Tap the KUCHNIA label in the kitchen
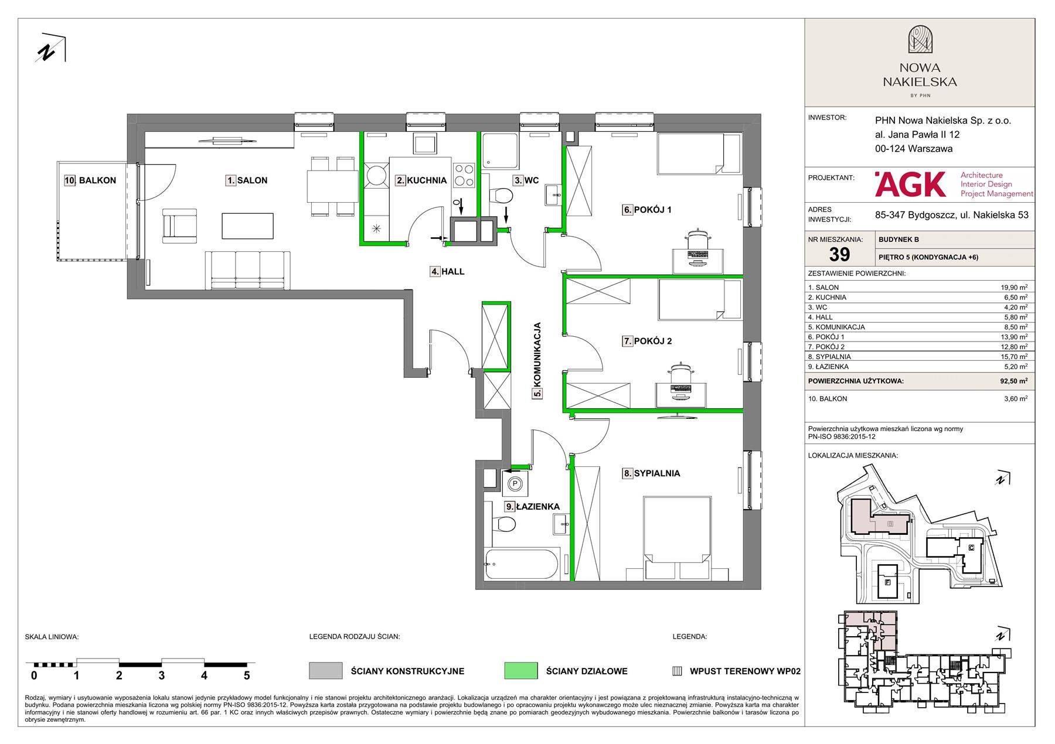click(x=426, y=180)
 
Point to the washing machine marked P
click(x=515, y=483)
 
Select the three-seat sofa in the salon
click(x=247, y=270)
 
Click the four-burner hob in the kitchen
click(x=464, y=174)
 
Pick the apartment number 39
click(x=839, y=254)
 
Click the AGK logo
click(x=910, y=184)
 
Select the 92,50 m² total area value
click(x=1013, y=381)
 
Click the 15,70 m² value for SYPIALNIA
click(x=1014, y=356)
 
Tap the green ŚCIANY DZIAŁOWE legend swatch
click(x=520, y=671)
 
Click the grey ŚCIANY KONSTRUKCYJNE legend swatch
click(x=325, y=671)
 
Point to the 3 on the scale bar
click(x=161, y=675)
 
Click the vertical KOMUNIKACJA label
click(x=537, y=360)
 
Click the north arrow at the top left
click(x=51, y=47)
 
